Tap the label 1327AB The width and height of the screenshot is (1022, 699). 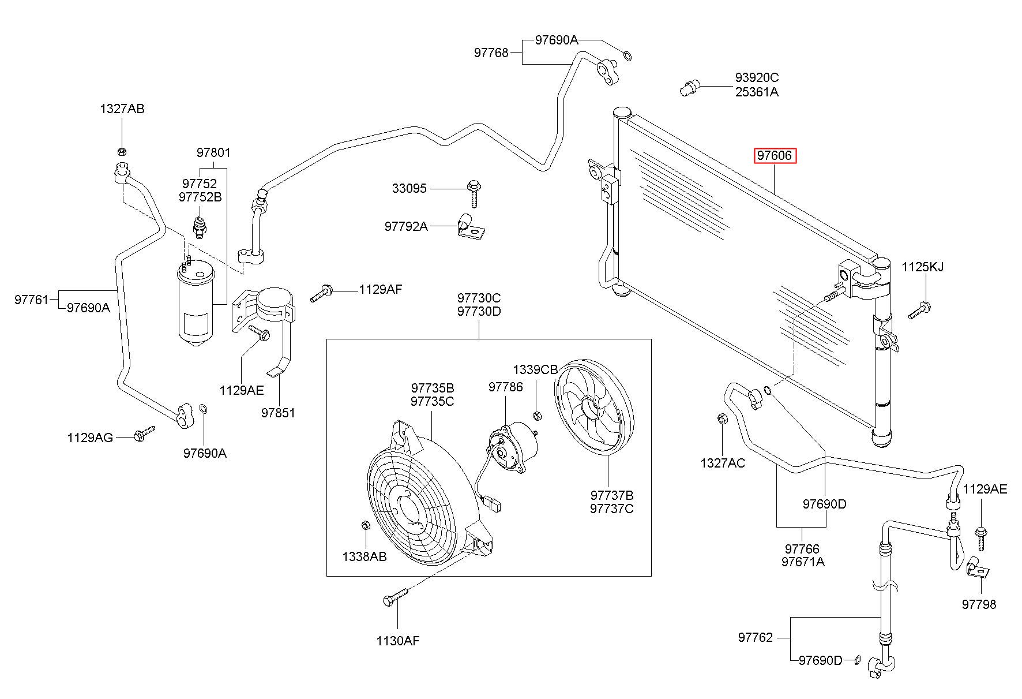(x=122, y=109)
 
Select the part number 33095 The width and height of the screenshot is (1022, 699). (x=409, y=188)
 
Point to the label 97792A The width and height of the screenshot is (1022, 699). (x=406, y=226)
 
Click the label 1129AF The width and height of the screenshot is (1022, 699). (x=380, y=289)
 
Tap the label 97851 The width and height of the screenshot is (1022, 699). (x=278, y=413)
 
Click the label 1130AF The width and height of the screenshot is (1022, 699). (x=397, y=640)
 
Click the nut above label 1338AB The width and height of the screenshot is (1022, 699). (x=364, y=525)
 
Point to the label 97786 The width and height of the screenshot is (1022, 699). (x=506, y=387)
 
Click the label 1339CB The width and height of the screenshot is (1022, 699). (x=536, y=369)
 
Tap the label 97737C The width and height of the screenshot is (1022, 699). (x=611, y=509)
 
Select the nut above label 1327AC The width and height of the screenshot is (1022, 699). (x=721, y=418)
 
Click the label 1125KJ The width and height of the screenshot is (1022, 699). (x=923, y=267)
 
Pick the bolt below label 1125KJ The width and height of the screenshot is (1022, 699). (x=919, y=310)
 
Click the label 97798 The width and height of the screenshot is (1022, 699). (x=979, y=604)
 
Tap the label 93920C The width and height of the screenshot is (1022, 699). (x=757, y=77)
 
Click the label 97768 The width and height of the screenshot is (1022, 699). (x=491, y=53)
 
